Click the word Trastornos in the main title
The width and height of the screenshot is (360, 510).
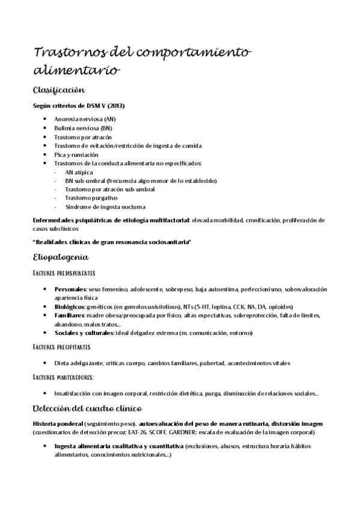[x=64, y=52]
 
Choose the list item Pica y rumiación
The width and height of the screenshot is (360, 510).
[x=76, y=155]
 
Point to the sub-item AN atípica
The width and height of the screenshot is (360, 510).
[x=79, y=172]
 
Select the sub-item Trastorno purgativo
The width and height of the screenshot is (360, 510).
[x=91, y=198]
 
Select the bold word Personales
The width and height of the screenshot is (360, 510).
[x=70, y=289]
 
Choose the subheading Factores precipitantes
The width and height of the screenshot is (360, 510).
[x=62, y=347]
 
